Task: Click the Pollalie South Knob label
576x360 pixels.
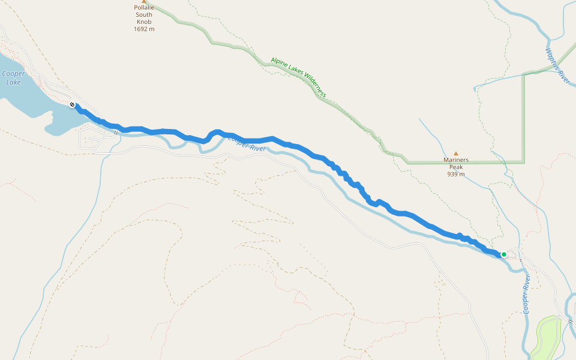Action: tap(143, 15)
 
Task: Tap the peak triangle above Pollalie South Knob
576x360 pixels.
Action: tap(143, 2)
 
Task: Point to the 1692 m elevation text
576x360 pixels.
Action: tap(144, 28)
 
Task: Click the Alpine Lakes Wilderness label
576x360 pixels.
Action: tap(298, 77)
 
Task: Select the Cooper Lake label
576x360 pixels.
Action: tap(13, 78)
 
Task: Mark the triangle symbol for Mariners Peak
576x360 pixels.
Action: tap(455, 154)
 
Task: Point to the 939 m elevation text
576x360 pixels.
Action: tap(455, 175)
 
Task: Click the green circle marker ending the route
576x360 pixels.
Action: tap(504, 254)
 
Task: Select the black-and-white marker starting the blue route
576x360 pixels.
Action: tap(73, 105)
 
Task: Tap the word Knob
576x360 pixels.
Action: tap(144, 22)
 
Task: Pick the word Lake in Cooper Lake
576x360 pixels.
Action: tap(13, 82)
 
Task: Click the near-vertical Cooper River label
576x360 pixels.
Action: tap(526, 295)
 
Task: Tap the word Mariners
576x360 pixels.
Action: tap(455, 160)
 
